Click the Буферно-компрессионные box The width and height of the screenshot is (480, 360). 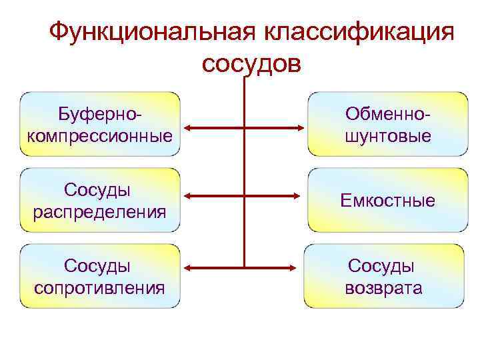[x=101, y=124]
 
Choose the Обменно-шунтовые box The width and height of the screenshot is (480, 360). [x=387, y=124]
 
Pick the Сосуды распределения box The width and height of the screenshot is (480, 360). [x=101, y=200]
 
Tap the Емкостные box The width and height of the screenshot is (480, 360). [x=387, y=200]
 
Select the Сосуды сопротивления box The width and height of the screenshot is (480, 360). [x=101, y=276]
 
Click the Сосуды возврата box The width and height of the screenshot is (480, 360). [x=384, y=276]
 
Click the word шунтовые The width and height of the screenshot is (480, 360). [x=387, y=136]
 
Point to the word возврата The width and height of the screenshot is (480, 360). [x=383, y=288]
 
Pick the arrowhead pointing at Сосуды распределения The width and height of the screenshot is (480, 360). [x=189, y=196]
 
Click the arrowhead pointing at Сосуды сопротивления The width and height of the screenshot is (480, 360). [x=189, y=268]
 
